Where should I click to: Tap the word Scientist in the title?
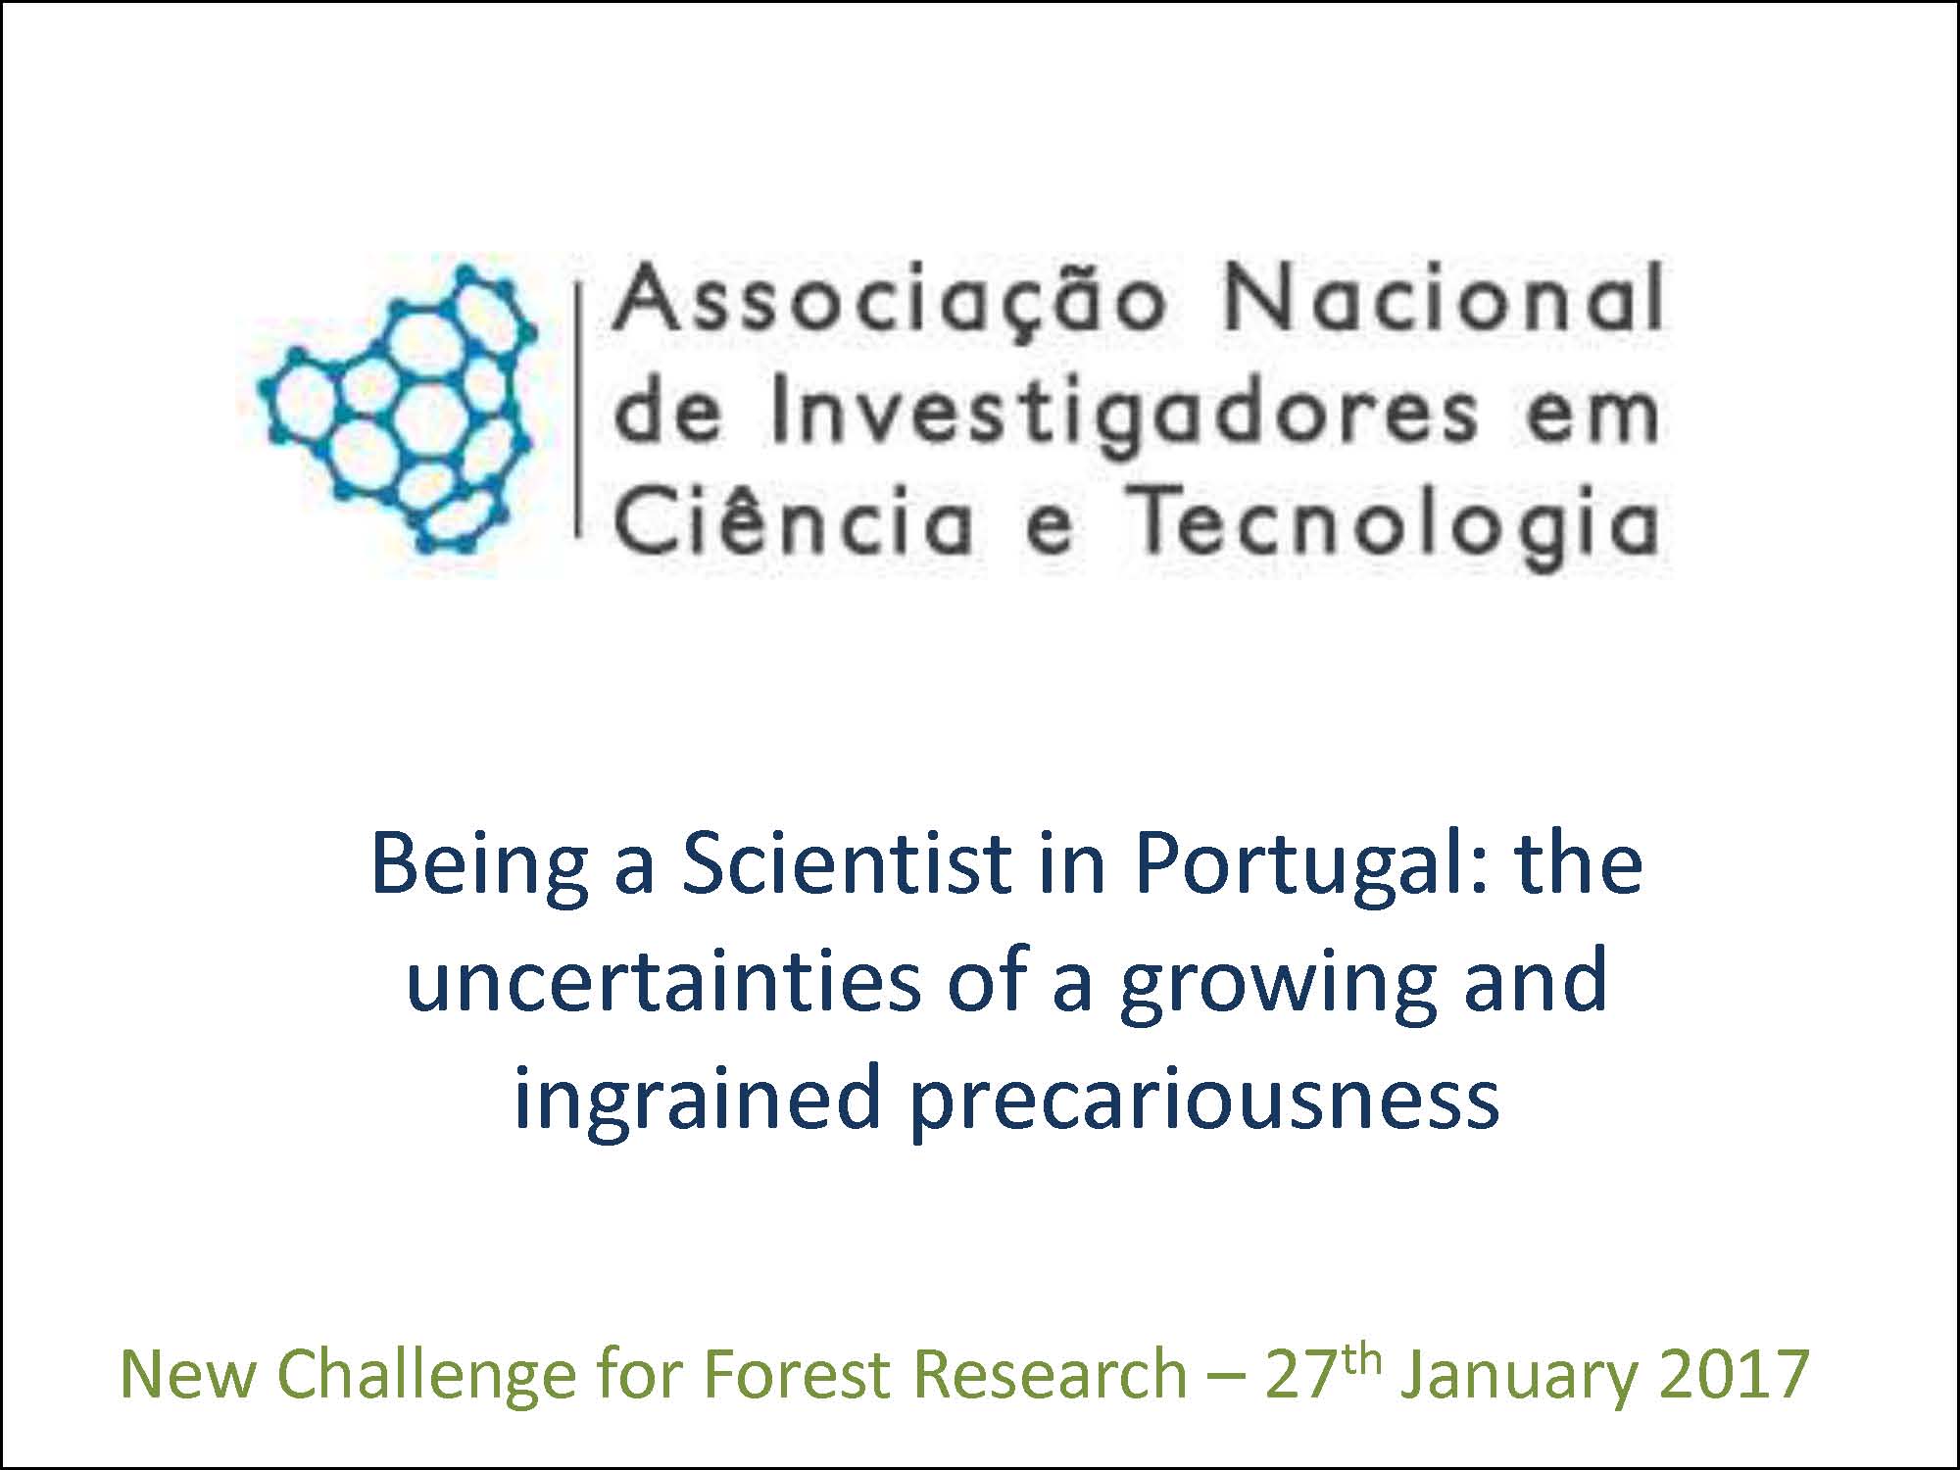tap(847, 863)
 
